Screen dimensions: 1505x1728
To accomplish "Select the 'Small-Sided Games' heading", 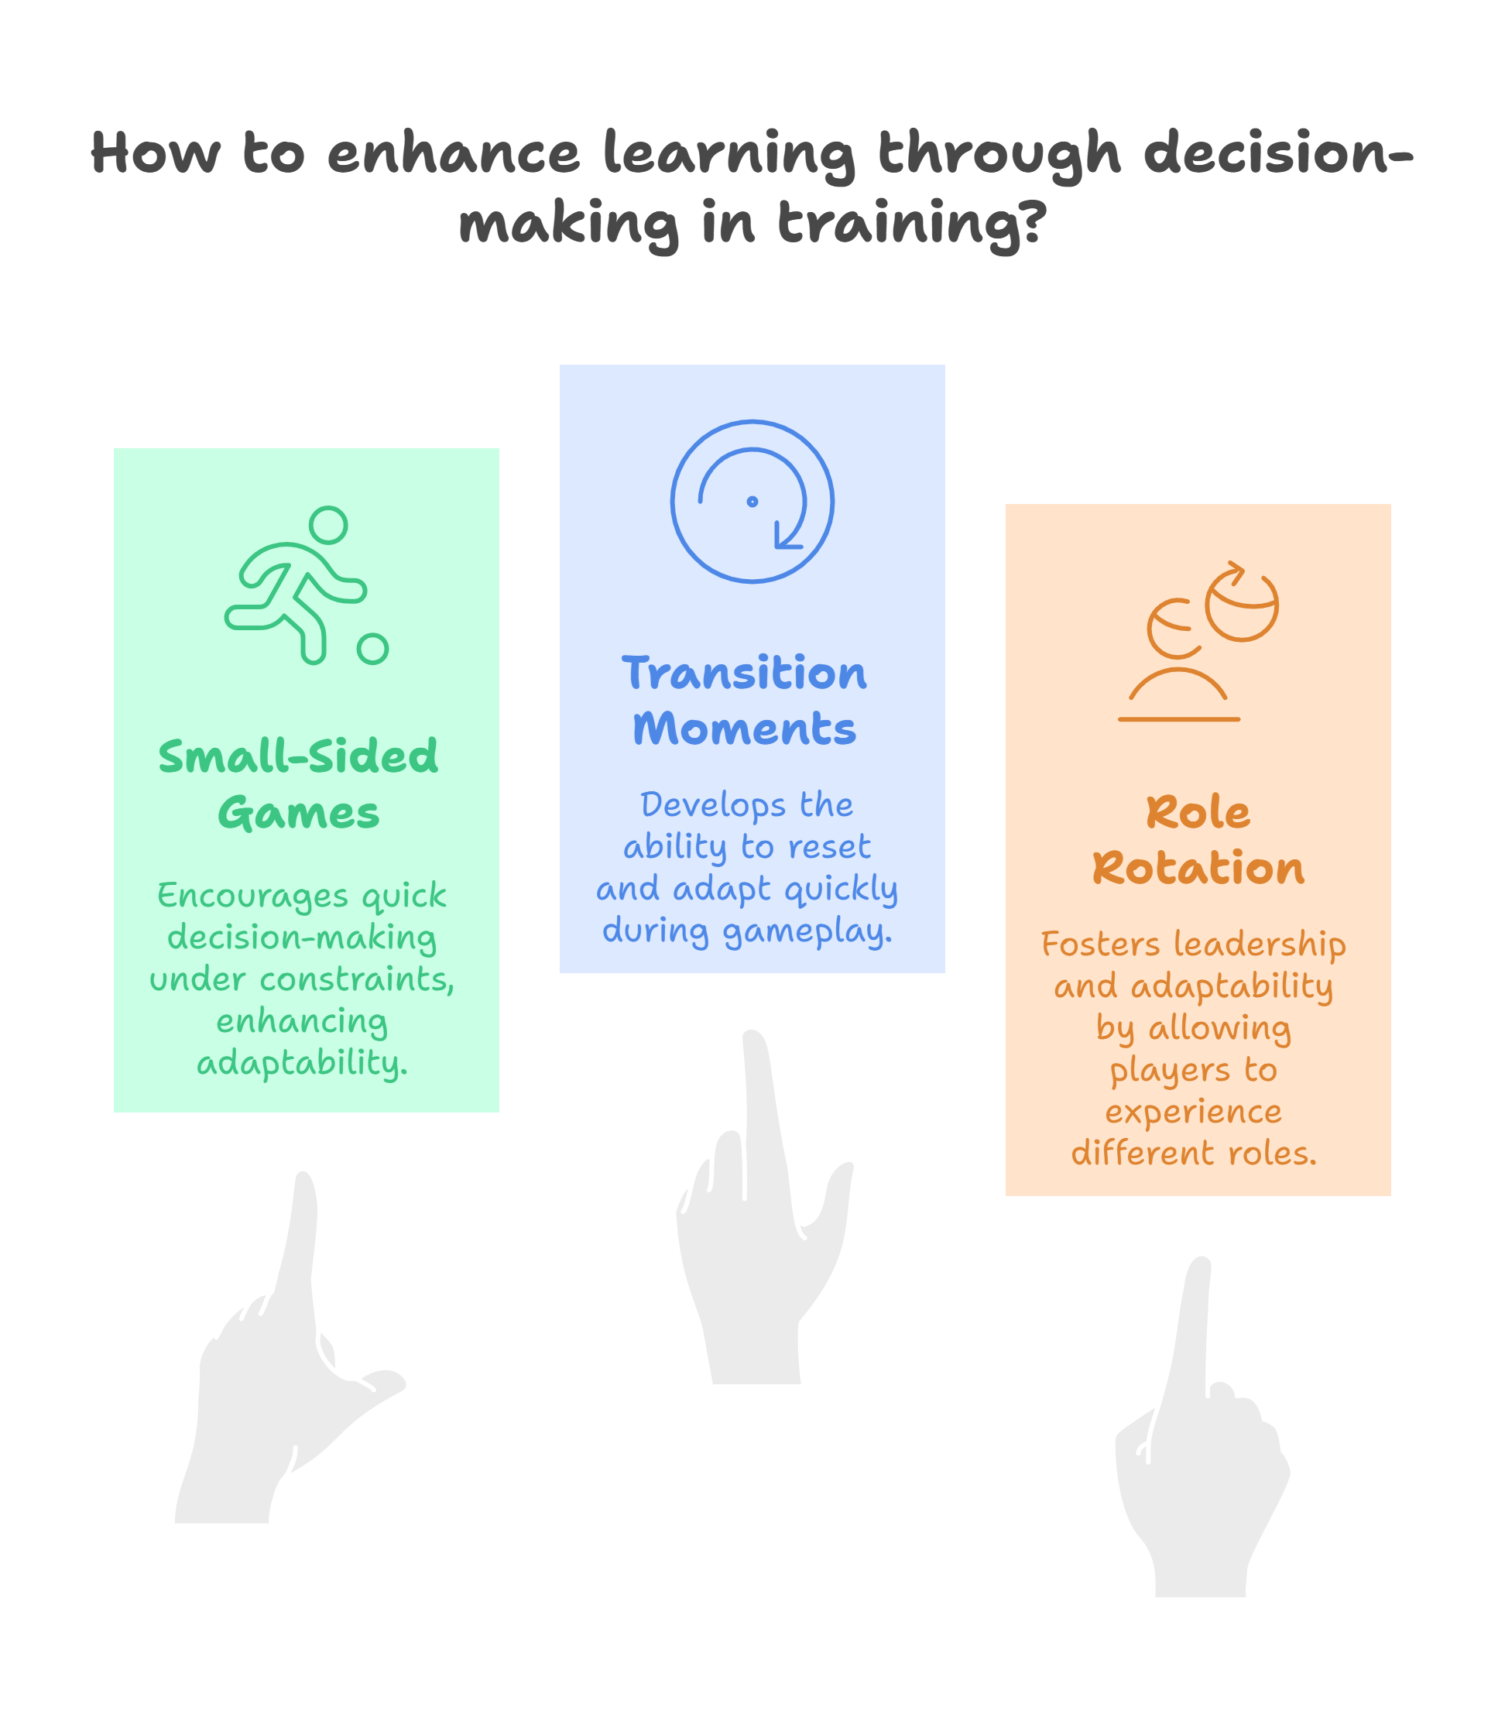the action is (298, 784).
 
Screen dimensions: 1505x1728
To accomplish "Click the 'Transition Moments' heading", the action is (744, 701).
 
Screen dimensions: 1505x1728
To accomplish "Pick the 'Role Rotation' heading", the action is (1198, 840).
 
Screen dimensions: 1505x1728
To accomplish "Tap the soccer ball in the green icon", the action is (372, 649).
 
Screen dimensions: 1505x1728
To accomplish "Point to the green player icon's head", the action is (327, 525).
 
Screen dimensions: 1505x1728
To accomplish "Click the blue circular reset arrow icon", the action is (752, 501).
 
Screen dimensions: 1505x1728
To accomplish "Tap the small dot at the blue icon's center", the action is (752, 501).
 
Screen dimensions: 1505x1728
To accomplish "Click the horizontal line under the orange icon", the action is (1178, 719).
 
